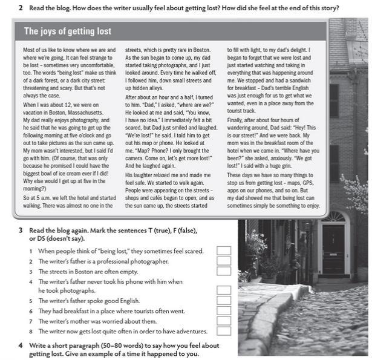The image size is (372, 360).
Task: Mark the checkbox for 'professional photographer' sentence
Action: (224, 261)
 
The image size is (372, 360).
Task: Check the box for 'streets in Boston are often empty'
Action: (224, 271)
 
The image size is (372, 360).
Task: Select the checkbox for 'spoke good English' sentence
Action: (224, 300)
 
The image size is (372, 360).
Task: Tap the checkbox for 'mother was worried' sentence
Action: (224, 321)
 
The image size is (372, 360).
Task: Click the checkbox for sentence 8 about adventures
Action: (224, 331)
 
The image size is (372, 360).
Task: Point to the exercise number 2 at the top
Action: (21, 8)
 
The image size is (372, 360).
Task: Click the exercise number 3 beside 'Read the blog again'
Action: (21, 231)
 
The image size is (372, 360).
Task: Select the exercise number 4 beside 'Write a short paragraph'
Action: (21, 345)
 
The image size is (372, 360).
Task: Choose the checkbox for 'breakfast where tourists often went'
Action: (224, 310)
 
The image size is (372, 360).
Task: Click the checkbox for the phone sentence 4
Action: (224, 290)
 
